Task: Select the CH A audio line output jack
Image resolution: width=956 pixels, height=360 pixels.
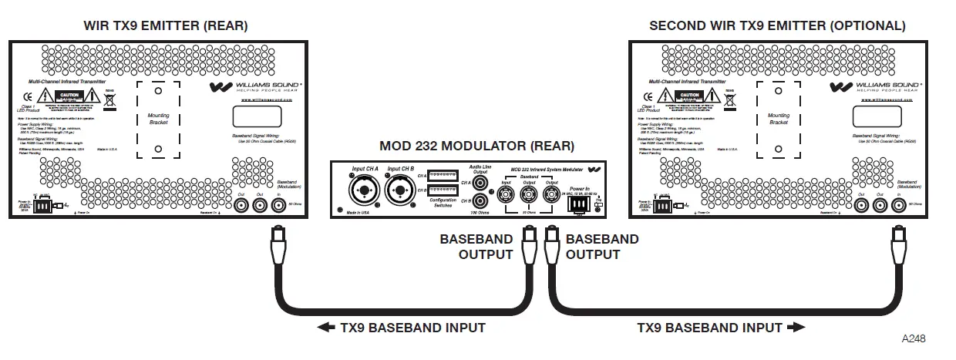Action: point(482,183)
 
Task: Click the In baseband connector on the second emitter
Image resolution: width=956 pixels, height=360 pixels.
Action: point(896,206)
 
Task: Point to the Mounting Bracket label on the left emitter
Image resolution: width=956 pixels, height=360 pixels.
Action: point(158,119)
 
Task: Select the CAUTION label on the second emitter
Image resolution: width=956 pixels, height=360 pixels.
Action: point(686,95)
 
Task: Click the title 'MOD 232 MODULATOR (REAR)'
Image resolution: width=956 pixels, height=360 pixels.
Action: point(476,146)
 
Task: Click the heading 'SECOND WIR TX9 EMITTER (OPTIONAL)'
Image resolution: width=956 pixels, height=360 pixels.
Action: point(777,25)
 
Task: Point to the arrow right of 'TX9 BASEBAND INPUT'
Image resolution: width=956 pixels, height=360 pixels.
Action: point(796,328)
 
